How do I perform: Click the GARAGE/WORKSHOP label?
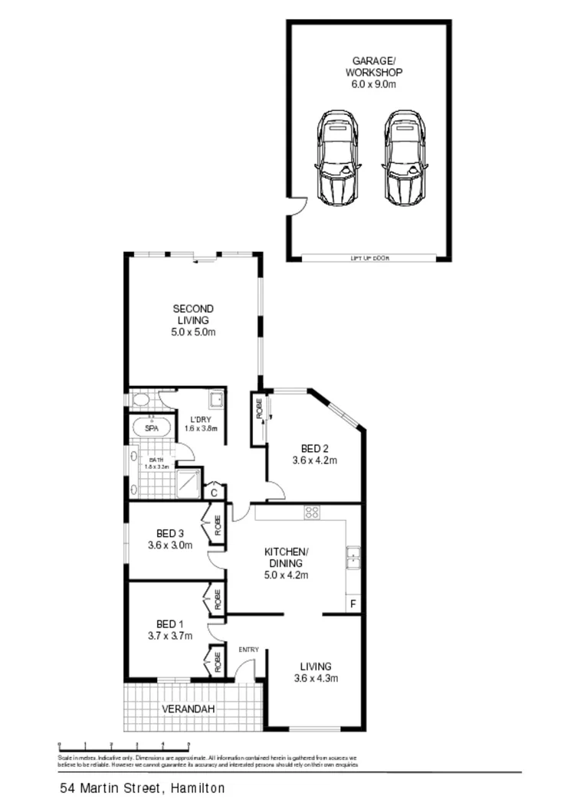click(373, 72)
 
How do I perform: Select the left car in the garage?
click(336, 158)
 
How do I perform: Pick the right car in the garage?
click(405, 158)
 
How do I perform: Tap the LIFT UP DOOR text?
click(370, 258)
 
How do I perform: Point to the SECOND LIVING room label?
click(193, 320)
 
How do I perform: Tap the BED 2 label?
click(314, 454)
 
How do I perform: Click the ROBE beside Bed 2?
click(258, 418)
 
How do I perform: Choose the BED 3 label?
click(170, 539)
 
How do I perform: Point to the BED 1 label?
click(170, 629)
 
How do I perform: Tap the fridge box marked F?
click(353, 604)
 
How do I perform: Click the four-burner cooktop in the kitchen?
click(311, 512)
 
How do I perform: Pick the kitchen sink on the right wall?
click(353, 558)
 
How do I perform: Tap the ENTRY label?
click(248, 650)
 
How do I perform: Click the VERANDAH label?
click(189, 709)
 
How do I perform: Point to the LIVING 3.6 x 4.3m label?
click(316, 672)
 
